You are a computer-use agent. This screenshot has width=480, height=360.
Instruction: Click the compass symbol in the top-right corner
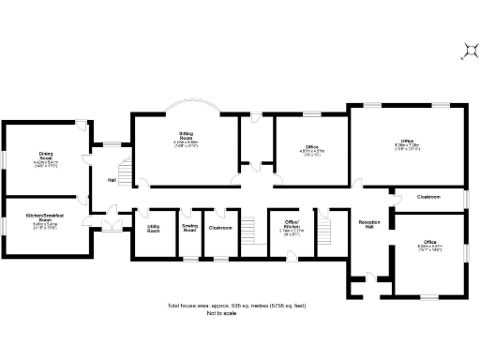(x=466, y=52)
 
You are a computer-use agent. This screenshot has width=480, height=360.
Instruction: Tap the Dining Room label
(x=46, y=157)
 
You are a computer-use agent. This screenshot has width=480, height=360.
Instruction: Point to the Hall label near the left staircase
(x=112, y=180)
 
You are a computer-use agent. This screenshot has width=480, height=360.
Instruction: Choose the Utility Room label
(x=153, y=228)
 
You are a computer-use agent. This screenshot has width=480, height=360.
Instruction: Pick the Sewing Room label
(x=188, y=228)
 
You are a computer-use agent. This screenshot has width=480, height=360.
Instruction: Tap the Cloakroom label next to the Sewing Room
(x=220, y=227)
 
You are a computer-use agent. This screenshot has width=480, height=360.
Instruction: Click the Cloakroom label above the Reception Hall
(x=428, y=198)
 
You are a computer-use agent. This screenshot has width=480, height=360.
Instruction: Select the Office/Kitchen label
(x=291, y=227)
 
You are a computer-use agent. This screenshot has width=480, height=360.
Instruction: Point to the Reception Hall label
(x=367, y=225)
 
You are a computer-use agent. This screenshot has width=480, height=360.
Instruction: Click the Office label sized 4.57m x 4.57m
(x=310, y=146)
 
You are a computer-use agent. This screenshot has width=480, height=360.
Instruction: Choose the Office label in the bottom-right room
(x=428, y=244)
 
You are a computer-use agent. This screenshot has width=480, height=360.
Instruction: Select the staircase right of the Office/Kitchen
(x=326, y=228)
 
